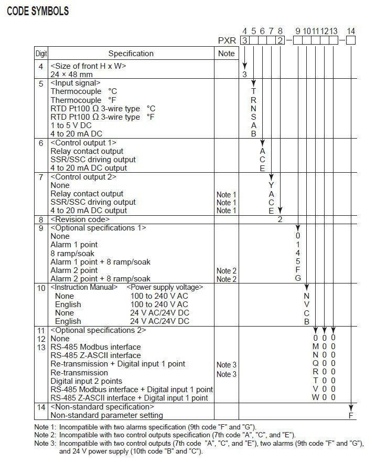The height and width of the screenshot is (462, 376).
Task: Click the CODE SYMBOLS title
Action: click(38, 11)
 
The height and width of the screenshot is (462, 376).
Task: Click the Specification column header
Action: click(131, 54)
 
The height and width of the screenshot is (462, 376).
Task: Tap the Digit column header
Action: click(41, 54)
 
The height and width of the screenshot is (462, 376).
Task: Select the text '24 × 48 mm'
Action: click(72, 75)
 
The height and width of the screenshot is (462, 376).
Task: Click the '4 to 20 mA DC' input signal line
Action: click(77, 134)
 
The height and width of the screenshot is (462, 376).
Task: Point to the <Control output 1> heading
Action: click(83, 143)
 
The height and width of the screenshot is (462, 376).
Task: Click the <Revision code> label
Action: click(80, 219)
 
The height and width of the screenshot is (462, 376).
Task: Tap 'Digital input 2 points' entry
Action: click(86, 381)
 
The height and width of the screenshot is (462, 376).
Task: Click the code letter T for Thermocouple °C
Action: click(254, 91)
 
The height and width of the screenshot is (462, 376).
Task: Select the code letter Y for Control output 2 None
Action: click(271, 185)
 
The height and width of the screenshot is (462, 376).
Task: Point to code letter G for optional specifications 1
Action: click(298, 278)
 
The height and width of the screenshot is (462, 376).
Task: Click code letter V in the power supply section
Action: click(307, 304)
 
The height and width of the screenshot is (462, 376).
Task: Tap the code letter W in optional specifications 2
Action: click(316, 398)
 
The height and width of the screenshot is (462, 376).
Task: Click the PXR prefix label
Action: click(228, 40)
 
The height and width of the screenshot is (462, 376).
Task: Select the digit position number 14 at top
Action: click(351, 31)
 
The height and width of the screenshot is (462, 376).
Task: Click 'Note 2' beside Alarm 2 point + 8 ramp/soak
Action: click(227, 279)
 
